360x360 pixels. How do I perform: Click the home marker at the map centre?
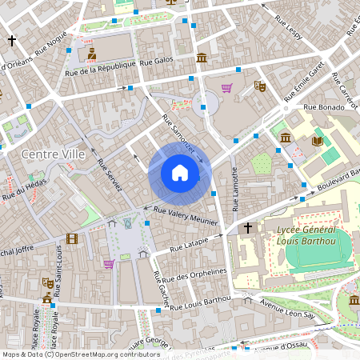(179, 173)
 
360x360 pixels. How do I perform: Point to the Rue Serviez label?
(109, 174)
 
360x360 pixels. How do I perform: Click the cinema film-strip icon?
(73, 238)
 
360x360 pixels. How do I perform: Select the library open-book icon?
(317, 141)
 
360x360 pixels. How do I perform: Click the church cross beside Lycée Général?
(248, 229)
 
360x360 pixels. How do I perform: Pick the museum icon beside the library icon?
(286, 138)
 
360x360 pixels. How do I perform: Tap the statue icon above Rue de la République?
(91, 54)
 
